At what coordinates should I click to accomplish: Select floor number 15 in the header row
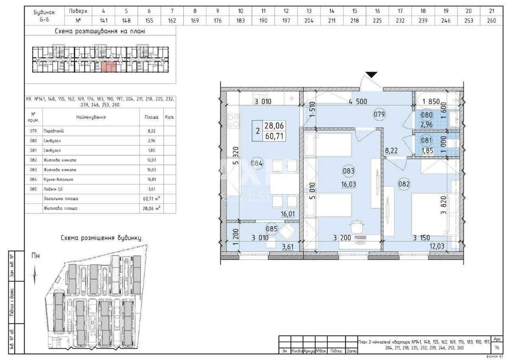point(355,11)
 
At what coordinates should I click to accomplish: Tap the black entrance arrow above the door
point(372,75)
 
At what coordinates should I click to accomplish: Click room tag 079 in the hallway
point(379,114)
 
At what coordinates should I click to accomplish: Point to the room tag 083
point(348,171)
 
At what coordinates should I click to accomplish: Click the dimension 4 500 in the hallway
point(358,101)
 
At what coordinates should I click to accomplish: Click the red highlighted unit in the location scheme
point(108,67)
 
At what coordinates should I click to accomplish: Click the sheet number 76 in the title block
point(497,347)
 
